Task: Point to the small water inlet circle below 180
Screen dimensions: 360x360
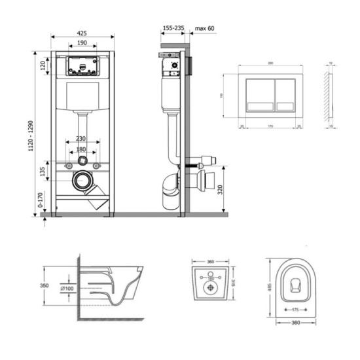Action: click(82, 160)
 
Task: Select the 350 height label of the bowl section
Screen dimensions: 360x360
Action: click(45, 286)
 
